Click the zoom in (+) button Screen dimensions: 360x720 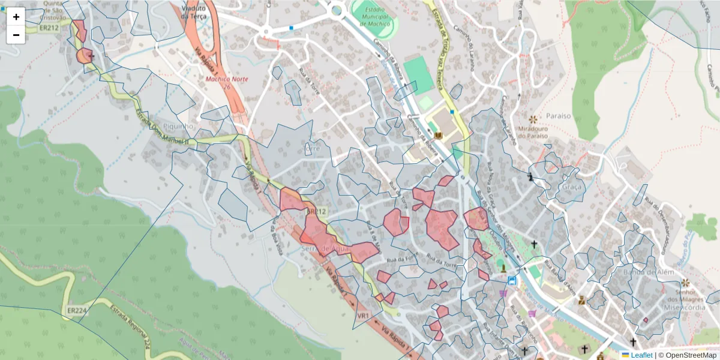click(x=16, y=17)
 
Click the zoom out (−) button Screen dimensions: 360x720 click(x=16, y=35)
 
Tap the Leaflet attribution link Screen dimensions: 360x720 click(x=641, y=355)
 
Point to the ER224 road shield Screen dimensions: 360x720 click(x=77, y=311)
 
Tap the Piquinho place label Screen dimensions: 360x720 click(x=178, y=127)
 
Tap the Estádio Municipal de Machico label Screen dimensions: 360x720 click(x=374, y=19)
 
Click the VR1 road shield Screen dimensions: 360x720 click(x=362, y=316)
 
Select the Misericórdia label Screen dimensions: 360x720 click(x=677, y=307)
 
